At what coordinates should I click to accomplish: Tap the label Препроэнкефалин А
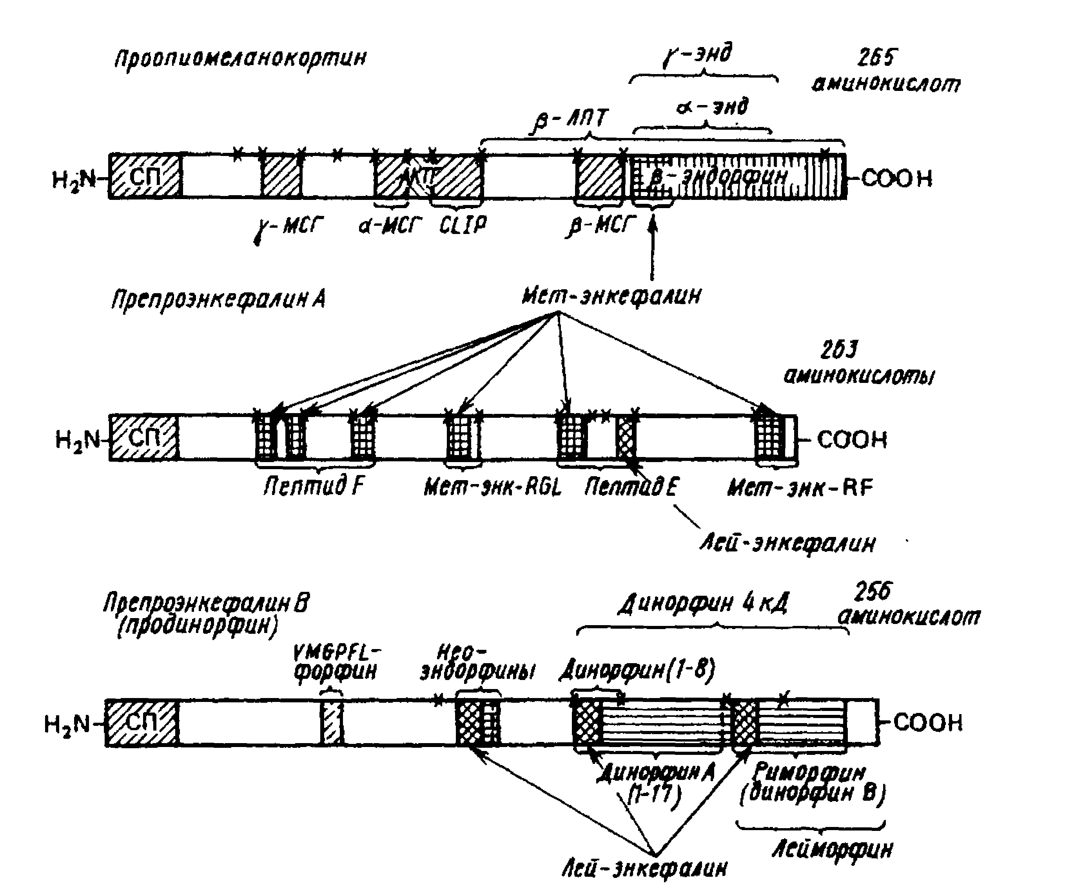[219, 299]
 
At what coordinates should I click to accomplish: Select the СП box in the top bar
[145, 176]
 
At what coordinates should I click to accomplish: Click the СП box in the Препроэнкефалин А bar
[144, 438]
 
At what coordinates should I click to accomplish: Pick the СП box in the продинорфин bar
[142, 722]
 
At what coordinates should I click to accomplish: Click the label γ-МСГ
[289, 227]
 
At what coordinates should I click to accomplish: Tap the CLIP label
[463, 225]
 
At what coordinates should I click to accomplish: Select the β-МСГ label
[601, 225]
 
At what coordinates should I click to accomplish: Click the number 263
[839, 351]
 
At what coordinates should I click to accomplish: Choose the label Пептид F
[314, 486]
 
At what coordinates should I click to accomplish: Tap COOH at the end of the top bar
[896, 178]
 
